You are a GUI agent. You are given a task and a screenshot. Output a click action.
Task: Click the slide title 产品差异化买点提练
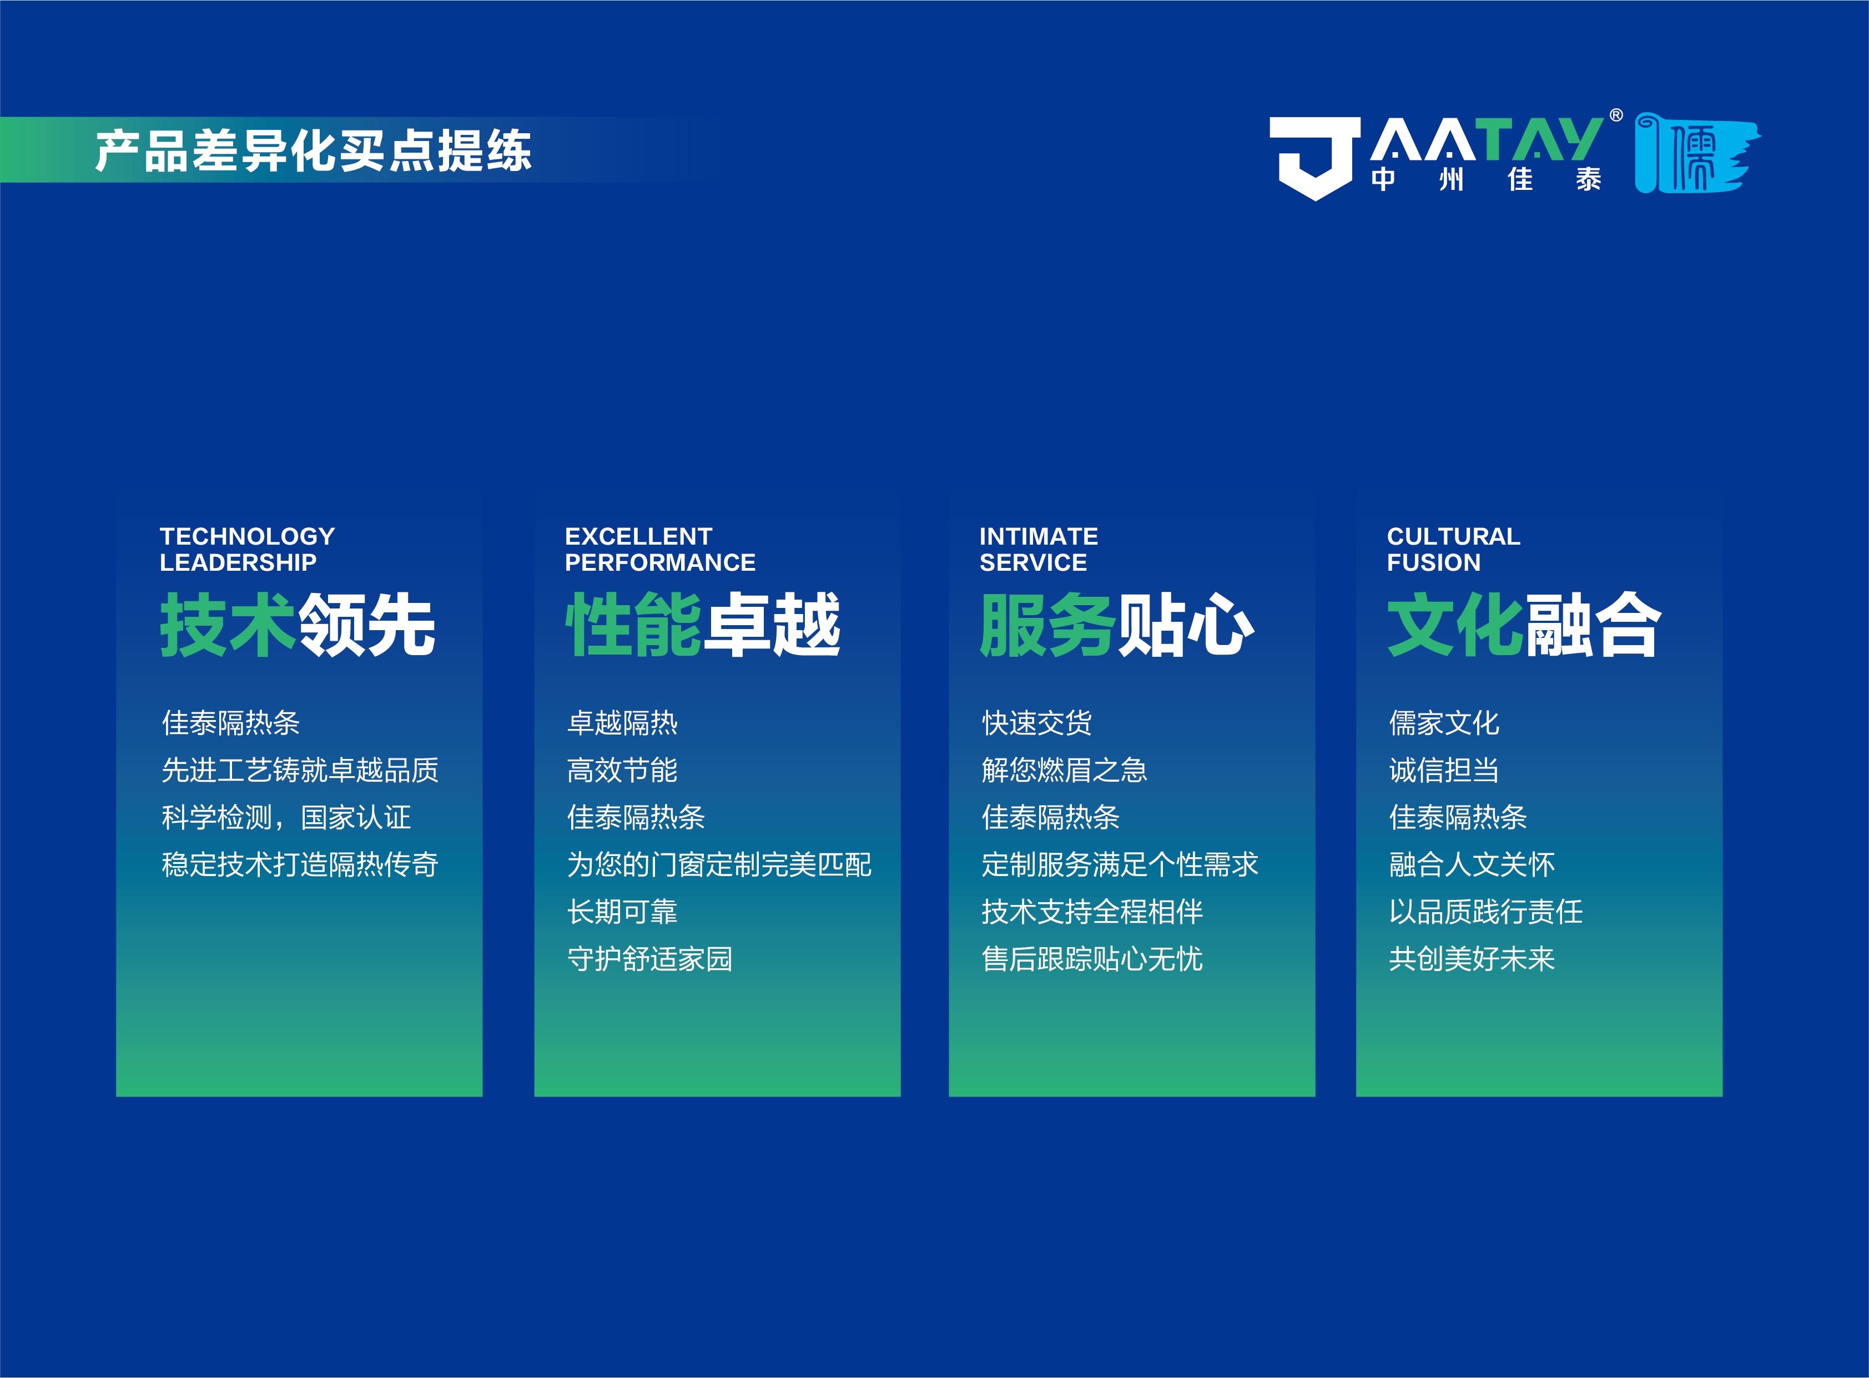click(313, 151)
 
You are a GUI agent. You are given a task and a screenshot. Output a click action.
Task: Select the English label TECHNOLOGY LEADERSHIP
click(247, 549)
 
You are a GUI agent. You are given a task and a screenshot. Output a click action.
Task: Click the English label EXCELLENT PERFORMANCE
click(659, 549)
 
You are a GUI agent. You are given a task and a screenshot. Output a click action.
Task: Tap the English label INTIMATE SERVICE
click(1039, 549)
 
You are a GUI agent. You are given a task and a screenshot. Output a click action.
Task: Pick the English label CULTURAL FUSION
click(1453, 549)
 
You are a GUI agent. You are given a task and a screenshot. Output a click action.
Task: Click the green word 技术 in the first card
click(227, 626)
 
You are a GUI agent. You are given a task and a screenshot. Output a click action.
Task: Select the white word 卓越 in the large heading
click(772, 626)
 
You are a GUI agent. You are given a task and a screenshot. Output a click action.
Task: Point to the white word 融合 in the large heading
click(1592, 626)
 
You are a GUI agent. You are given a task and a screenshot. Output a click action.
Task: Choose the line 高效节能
click(622, 770)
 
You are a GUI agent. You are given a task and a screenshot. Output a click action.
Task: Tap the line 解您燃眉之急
click(1064, 770)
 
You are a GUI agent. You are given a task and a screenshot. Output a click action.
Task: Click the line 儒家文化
click(1444, 722)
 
